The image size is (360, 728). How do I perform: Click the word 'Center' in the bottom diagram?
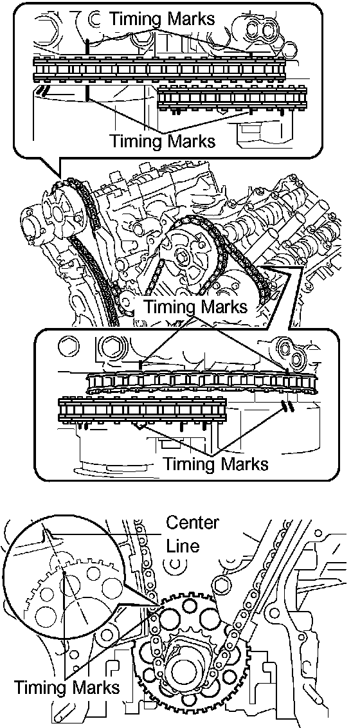coord(192,522)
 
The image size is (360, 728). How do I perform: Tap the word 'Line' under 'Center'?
coord(183,545)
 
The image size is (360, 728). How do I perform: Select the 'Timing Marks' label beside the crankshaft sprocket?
coord(66,687)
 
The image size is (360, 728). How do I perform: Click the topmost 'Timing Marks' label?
coord(162,19)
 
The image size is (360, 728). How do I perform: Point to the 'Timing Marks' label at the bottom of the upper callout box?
coord(162,140)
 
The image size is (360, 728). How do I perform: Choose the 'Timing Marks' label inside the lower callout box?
coord(216,463)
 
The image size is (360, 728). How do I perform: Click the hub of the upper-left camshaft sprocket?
coord(57,214)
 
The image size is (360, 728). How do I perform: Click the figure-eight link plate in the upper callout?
coord(259,30)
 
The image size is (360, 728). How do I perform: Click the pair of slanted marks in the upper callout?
coord(42,91)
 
